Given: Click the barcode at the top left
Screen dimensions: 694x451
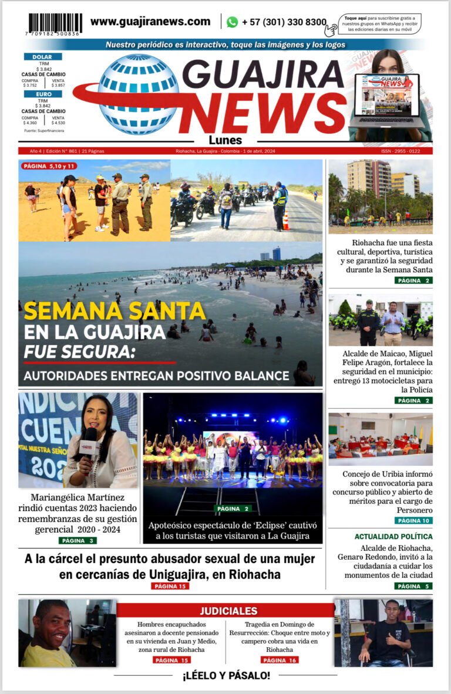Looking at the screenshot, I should pyautogui.click(x=56, y=25).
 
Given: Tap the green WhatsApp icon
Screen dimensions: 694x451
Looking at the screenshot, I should pyautogui.click(x=233, y=22).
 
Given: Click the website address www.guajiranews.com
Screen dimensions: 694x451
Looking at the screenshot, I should pyautogui.click(x=150, y=22).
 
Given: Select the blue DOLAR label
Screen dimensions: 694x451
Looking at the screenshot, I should pyautogui.click(x=43, y=56).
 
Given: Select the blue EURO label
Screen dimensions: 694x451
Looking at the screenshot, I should pyautogui.click(x=43, y=94).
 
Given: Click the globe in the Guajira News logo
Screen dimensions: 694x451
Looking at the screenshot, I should pyautogui.click(x=138, y=94).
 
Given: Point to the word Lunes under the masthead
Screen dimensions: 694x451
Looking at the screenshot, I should pyautogui.click(x=225, y=140).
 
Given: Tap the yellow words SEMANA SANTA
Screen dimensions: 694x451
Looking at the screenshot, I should pyautogui.click(x=115, y=310).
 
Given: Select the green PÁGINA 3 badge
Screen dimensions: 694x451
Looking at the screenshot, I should pyautogui.click(x=78, y=540).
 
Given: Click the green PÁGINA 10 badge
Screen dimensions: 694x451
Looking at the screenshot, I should pyautogui.click(x=414, y=520).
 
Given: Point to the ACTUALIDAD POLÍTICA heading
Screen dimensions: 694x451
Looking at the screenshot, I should pyautogui.click(x=393, y=536).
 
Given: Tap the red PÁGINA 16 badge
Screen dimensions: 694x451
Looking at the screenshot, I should pyautogui.click(x=280, y=660).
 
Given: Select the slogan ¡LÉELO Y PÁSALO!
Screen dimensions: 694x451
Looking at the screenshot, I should pyautogui.click(x=226, y=676).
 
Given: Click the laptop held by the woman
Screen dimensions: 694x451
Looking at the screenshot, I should pyautogui.click(x=386, y=100).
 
